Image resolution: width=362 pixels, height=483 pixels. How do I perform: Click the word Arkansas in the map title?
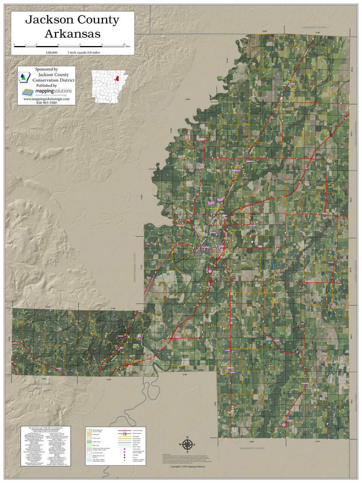72,34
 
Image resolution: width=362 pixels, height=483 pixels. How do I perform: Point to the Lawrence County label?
314,28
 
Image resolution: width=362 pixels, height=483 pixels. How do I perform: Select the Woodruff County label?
252,448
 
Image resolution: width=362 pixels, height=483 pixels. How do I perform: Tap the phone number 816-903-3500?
46,103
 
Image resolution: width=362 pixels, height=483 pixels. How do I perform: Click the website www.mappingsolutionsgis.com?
46,99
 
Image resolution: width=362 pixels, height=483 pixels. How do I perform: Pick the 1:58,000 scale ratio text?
52,52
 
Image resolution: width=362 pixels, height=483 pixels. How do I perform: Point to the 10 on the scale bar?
124,45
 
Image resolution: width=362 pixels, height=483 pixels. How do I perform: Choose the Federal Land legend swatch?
89,441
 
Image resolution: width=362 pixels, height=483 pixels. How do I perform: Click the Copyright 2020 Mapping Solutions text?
187,467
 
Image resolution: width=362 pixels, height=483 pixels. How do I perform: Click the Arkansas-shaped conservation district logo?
25,77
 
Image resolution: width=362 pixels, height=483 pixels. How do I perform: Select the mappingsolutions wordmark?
53,91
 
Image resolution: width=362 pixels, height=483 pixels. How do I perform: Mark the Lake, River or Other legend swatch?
89,460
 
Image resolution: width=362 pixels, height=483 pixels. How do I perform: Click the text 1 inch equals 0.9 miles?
84,52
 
